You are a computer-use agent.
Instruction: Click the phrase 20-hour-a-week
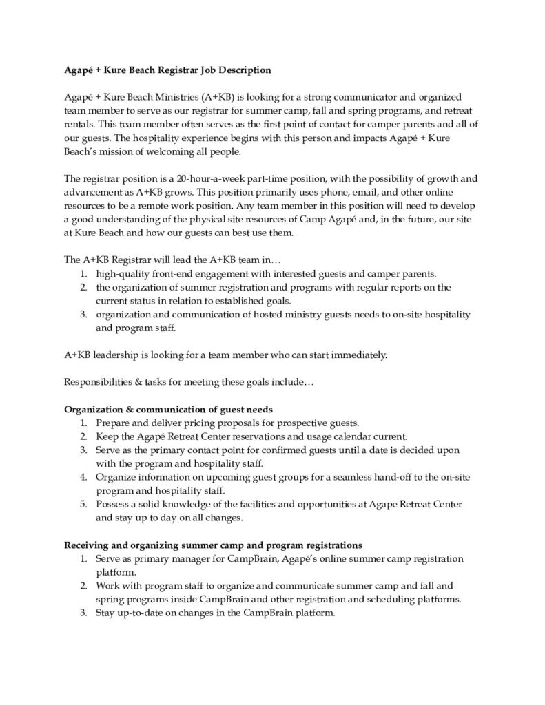point(190,178)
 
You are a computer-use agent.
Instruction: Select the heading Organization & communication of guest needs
point(169,408)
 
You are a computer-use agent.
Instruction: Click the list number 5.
point(83,504)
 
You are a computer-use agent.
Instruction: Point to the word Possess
point(112,504)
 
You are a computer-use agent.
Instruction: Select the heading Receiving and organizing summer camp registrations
point(207,544)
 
